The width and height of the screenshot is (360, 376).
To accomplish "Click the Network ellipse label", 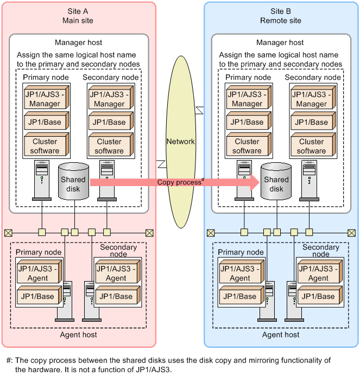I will click(x=180, y=141).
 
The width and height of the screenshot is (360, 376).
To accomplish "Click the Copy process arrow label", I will click(x=180, y=182).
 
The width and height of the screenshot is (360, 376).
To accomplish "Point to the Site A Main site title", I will click(x=78, y=16).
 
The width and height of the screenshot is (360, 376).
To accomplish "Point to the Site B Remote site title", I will click(x=280, y=16).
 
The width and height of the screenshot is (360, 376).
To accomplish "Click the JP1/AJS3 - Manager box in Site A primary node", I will click(x=45, y=99).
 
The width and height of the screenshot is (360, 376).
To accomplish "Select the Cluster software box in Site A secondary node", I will click(x=109, y=146).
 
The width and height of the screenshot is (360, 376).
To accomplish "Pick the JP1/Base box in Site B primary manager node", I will click(x=247, y=122).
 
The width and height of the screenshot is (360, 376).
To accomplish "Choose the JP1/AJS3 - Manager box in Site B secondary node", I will click(x=312, y=99).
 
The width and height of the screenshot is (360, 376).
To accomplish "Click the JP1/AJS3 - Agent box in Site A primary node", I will click(x=37, y=273).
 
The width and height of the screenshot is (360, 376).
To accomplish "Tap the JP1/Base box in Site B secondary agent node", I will click(x=318, y=296).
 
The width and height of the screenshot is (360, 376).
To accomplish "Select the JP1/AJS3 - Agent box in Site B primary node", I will click(x=240, y=273).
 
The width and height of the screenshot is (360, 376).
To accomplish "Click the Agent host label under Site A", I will click(x=78, y=335).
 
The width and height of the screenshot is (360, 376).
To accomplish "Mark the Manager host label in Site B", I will click(x=281, y=42).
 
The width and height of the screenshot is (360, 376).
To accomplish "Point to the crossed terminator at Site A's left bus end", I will click(x=8, y=233).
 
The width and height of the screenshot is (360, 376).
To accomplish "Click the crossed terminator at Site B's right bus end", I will click(x=352, y=233).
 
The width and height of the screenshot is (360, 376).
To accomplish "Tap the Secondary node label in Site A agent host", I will click(x=118, y=250).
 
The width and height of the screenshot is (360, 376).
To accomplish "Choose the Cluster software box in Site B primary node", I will click(x=247, y=146).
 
